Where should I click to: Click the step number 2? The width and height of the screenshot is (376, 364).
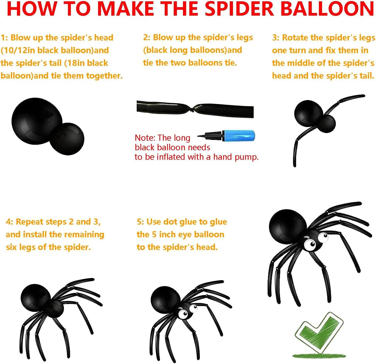click(147, 37)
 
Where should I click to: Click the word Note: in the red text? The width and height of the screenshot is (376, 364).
click(145, 138)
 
